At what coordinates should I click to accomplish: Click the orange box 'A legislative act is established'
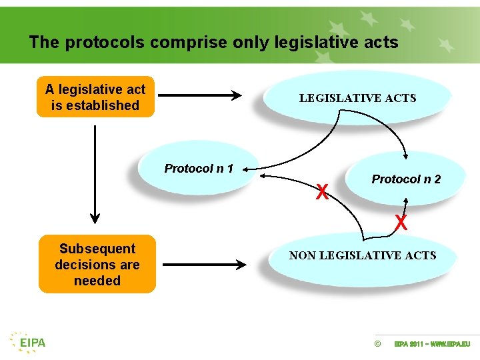(95, 97)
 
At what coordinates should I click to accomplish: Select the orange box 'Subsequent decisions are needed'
(97, 265)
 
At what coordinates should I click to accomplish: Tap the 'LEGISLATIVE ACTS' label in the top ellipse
(357, 98)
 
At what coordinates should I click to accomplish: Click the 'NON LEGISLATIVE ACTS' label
(363, 255)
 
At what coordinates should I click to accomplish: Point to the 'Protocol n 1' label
(199, 169)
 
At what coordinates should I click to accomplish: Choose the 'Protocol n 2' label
(406, 179)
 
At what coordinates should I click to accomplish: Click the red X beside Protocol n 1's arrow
(322, 193)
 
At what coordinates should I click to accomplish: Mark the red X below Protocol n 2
(401, 222)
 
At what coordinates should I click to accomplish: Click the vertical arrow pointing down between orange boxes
(95, 173)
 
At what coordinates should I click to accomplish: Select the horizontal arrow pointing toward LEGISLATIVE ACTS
(200, 96)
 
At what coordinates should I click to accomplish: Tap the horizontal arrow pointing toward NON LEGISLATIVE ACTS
(204, 265)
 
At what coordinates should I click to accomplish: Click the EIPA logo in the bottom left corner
(27, 341)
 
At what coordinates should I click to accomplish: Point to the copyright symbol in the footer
(378, 344)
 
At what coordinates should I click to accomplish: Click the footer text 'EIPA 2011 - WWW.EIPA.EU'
(432, 344)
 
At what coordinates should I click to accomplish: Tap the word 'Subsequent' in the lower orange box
(97, 249)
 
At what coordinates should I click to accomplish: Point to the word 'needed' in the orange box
(97, 281)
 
